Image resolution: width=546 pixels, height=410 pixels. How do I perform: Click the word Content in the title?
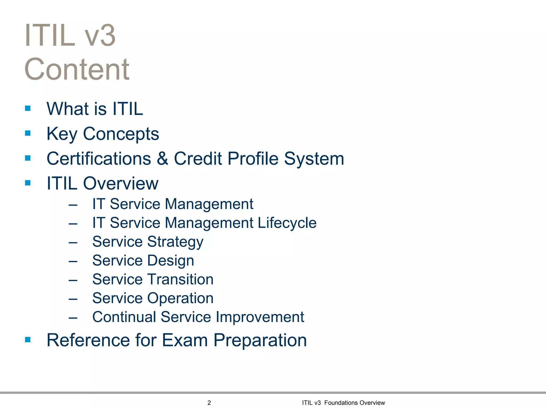[x=77, y=69]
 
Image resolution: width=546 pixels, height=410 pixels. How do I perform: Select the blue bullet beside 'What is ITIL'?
[x=28, y=108]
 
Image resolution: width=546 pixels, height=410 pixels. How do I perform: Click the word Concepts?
[x=121, y=134]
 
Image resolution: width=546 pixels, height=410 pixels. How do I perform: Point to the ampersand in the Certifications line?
[x=162, y=159]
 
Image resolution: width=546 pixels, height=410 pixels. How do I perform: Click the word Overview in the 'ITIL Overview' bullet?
[x=121, y=184]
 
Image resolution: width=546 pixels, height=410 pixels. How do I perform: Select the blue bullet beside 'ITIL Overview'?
[x=28, y=183]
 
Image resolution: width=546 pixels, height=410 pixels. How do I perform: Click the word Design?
[x=171, y=261]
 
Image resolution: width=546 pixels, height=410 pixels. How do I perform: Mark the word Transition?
[x=180, y=279]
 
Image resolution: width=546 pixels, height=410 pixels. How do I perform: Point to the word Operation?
[x=180, y=298]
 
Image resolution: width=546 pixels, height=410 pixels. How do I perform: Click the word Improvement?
[x=260, y=317]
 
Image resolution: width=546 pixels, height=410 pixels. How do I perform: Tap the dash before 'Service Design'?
[x=73, y=261]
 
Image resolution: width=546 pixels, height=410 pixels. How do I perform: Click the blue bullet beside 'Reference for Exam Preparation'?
[x=28, y=340]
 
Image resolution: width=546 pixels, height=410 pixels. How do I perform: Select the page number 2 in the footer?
[x=209, y=403]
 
